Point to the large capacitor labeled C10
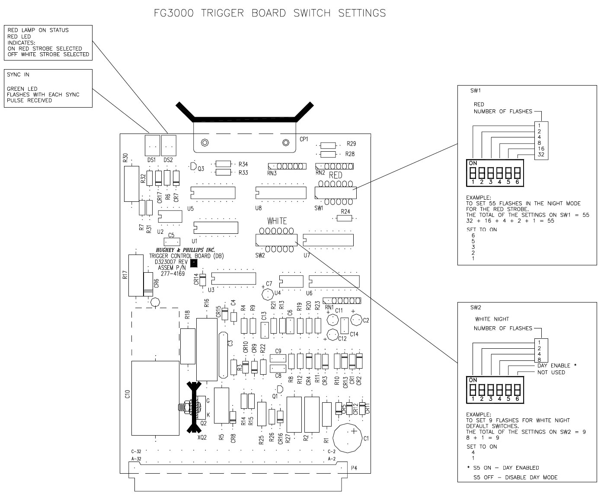(155, 398)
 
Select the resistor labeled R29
(329, 145)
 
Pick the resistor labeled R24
(345, 218)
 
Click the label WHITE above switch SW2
(277, 221)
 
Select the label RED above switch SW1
(336, 175)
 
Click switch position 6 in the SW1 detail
(517, 173)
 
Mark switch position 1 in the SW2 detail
(473, 390)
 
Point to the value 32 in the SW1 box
(541, 155)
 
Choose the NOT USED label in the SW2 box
(551, 372)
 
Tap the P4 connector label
(354, 468)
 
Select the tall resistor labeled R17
(135, 275)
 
